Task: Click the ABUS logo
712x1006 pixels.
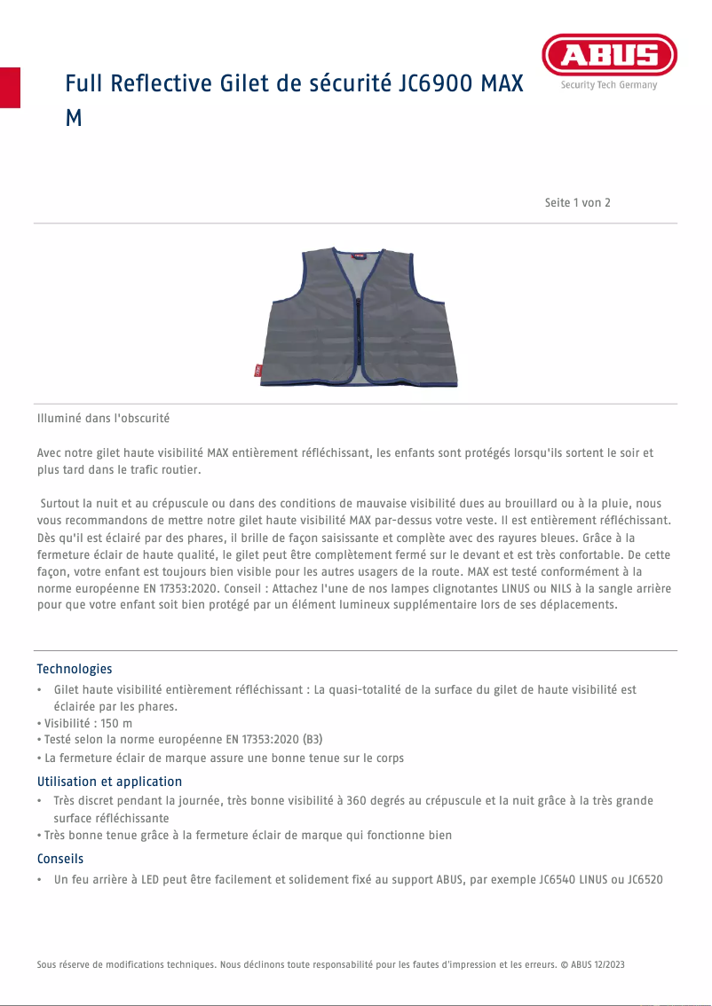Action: coord(609,55)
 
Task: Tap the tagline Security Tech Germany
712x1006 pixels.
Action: coord(609,85)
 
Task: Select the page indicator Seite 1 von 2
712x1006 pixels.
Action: coord(577,203)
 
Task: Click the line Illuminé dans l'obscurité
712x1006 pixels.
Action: coord(103,418)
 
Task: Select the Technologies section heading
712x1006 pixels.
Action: coord(75,669)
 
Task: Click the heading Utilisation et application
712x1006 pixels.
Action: coord(109,782)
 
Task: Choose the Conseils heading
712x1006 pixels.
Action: coord(60,859)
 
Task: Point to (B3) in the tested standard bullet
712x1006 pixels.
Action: coord(312,741)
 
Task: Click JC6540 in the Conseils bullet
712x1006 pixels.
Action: coord(558,880)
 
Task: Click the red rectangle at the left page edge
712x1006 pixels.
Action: coord(10,87)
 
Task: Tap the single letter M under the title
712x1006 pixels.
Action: coord(74,118)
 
